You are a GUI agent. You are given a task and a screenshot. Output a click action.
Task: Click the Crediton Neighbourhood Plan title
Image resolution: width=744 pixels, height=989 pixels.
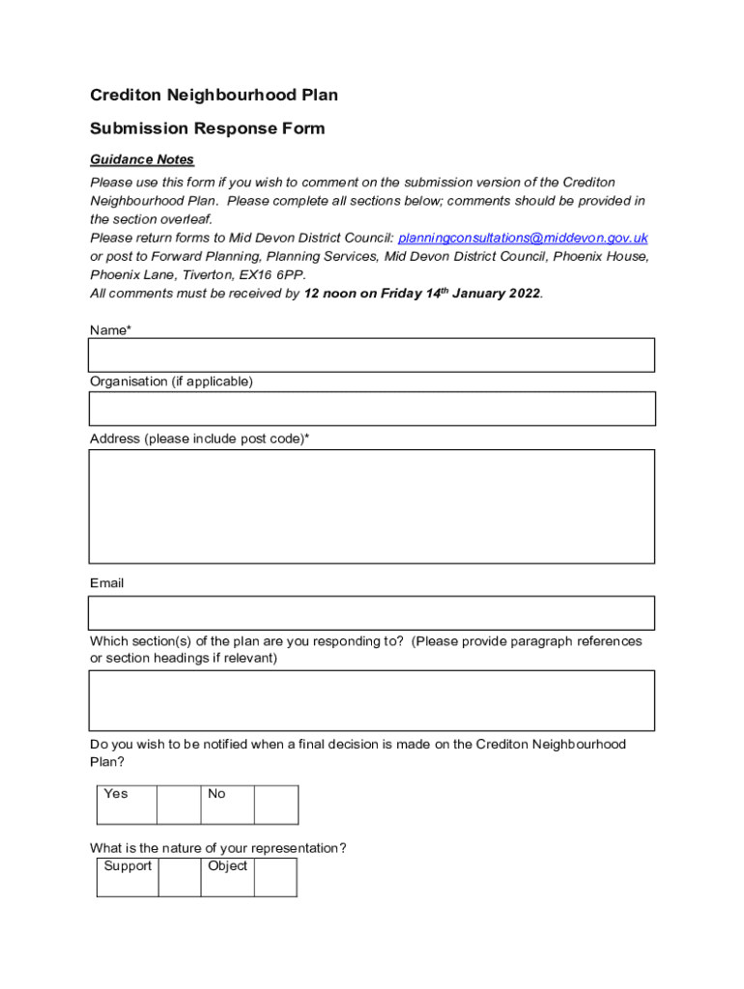pyautogui.click(x=214, y=95)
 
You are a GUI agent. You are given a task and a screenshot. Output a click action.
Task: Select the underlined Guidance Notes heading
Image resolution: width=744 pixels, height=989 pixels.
pyautogui.click(x=142, y=159)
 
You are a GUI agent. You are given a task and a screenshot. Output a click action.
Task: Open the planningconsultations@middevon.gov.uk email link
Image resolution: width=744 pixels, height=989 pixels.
pyautogui.click(x=523, y=238)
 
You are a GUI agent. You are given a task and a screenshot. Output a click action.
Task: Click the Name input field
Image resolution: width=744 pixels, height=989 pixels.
pyautogui.click(x=371, y=355)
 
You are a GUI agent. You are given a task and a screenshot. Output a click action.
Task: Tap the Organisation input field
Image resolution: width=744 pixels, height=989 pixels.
pyautogui.click(x=371, y=409)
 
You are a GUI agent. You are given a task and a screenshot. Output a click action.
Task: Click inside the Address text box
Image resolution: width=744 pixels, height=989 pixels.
pyautogui.click(x=371, y=506)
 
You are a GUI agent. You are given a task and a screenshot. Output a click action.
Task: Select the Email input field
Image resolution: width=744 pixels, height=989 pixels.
pyautogui.click(x=371, y=613)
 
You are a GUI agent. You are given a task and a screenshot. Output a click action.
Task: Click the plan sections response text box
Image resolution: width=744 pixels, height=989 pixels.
pyautogui.click(x=371, y=700)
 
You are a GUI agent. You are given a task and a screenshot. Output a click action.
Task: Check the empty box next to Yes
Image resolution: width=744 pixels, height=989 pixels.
pyautogui.click(x=178, y=805)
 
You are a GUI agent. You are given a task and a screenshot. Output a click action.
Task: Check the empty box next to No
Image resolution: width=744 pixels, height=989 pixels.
pyautogui.click(x=276, y=805)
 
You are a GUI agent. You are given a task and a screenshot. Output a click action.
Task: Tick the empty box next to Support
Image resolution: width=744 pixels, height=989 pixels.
pyautogui.click(x=179, y=877)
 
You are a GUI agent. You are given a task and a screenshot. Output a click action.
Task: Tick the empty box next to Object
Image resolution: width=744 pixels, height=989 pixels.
pyautogui.click(x=275, y=877)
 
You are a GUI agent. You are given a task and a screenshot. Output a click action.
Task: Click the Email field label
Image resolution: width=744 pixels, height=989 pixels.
pyautogui.click(x=107, y=583)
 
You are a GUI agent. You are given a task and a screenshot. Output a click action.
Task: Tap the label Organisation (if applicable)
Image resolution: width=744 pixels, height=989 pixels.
pyautogui.click(x=171, y=381)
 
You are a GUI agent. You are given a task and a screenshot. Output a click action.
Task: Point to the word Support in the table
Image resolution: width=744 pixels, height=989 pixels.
pyautogui.click(x=128, y=866)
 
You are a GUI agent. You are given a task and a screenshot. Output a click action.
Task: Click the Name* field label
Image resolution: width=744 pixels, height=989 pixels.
pyautogui.click(x=111, y=330)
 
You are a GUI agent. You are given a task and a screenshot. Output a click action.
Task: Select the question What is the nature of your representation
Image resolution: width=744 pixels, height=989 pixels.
pyautogui.click(x=218, y=848)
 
